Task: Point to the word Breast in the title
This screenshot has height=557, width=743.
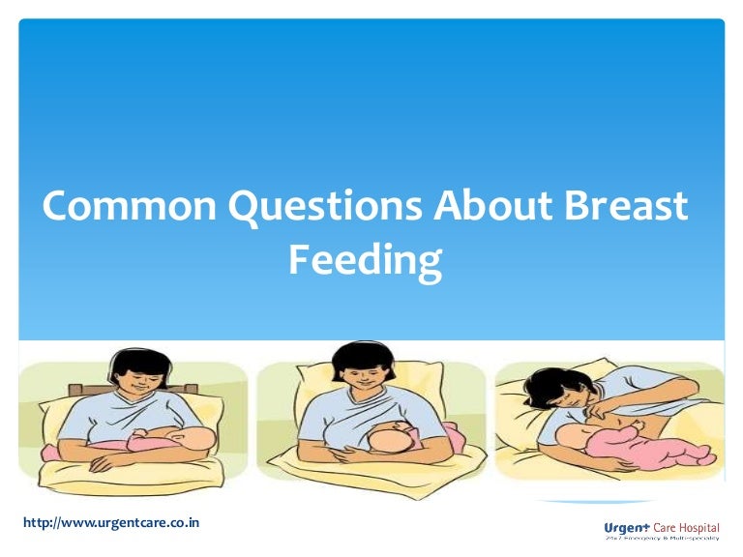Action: tap(627, 208)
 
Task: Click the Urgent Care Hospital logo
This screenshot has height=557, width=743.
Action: tap(661, 530)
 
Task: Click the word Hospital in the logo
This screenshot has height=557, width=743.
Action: tap(698, 527)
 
